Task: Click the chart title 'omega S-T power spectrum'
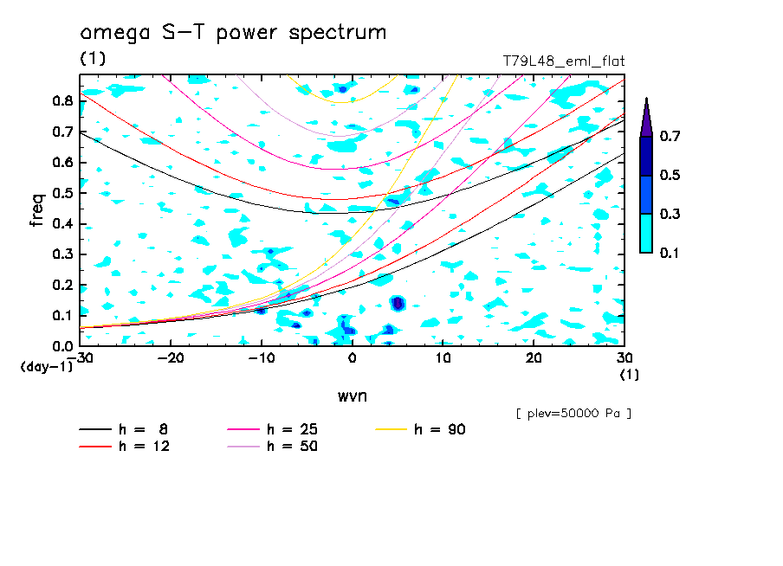(233, 34)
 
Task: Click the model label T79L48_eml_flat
(564, 61)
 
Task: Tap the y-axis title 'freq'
(36, 209)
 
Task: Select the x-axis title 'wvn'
(352, 396)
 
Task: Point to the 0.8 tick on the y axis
(62, 101)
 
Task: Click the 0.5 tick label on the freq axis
(62, 193)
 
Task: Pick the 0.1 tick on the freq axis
(62, 316)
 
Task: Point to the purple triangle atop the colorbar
(646, 117)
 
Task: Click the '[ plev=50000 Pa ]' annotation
(573, 414)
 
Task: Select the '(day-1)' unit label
(45, 367)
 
